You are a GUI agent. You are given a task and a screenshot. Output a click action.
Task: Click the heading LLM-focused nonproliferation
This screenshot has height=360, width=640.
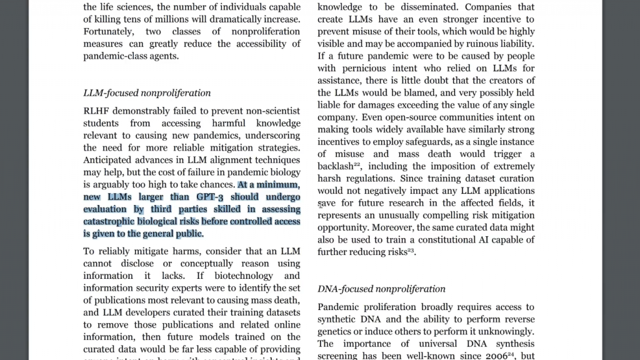(147, 93)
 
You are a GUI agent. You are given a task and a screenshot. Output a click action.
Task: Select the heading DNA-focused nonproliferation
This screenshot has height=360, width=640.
(381, 289)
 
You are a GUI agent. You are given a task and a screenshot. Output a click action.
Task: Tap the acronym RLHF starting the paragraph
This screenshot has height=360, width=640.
(96, 111)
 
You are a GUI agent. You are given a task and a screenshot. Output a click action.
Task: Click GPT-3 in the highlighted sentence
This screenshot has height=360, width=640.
(206, 197)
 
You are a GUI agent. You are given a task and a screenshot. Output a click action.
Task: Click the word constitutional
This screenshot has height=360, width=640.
(469, 240)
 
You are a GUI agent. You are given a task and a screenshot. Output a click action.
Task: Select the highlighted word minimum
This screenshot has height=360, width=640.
(277, 185)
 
